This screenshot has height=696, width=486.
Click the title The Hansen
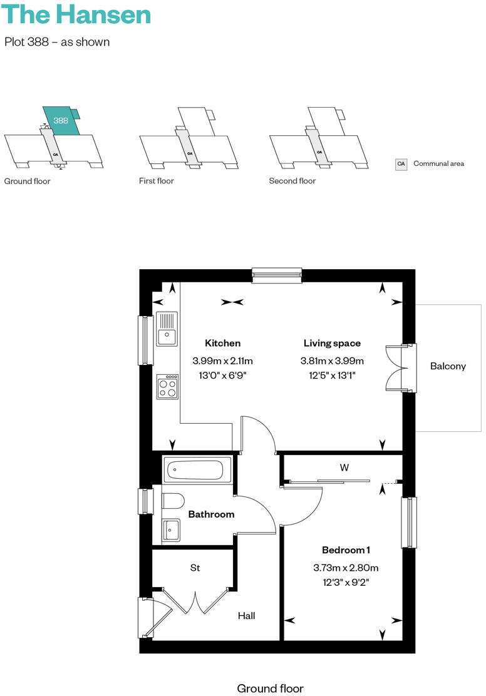click(x=78, y=15)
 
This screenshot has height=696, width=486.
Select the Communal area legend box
click(x=401, y=164)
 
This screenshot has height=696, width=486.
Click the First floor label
click(x=157, y=181)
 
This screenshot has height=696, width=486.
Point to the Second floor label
click(x=292, y=181)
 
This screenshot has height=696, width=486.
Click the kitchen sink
click(x=167, y=329)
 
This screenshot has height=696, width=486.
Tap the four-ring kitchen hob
click(x=168, y=386)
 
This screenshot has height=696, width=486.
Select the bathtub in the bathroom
click(x=197, y=469)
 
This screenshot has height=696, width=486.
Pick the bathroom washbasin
click(x=170, y=530)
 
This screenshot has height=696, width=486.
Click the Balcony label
click(x=448, y=366)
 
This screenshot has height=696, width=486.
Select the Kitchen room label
click(x=222, y=343)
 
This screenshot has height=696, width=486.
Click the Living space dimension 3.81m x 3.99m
click(x=332, y=361)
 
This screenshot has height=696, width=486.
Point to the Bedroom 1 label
click(x=346, y=550)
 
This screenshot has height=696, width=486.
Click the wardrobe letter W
click(x=344, y=468)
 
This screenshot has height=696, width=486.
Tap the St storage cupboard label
click(x=195, y=568)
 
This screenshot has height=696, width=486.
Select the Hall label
click(x=246, y=616)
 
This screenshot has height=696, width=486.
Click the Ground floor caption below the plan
click(x=270, y=688)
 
